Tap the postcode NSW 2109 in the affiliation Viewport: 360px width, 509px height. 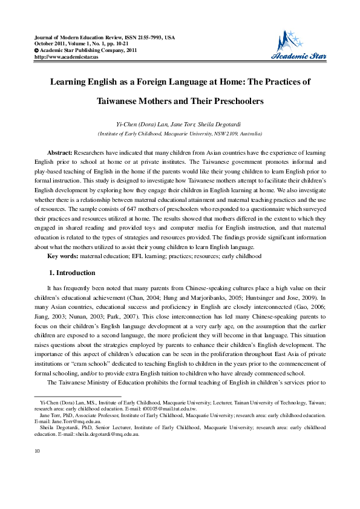pos(224,132)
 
